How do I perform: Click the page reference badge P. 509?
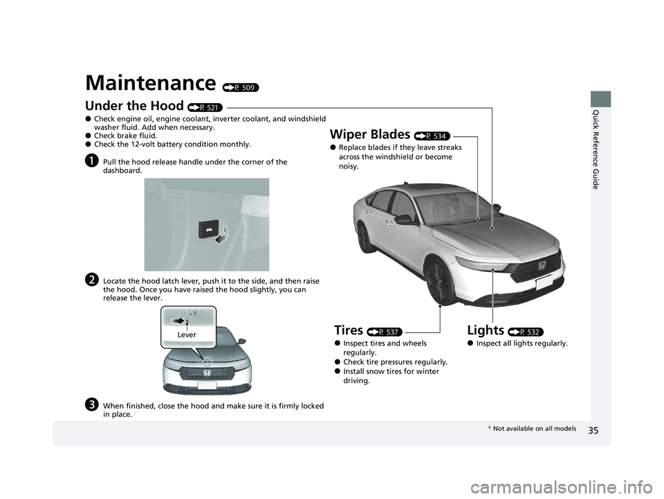click(x=241, y=88)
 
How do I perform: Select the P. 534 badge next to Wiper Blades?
click(x=432, y=136)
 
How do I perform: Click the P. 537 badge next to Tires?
click(x=385, y=332)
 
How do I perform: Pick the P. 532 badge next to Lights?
click(x=526, y=332)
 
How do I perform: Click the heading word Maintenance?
click(x=151, y=82)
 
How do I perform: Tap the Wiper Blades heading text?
click(x=369, y=134)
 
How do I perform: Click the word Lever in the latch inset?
click(x=187, y=335)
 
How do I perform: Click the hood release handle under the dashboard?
click(x=208, y=229)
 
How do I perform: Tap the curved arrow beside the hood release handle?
click(x=222, y=235)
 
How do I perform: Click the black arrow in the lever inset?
click(x=178, y=321)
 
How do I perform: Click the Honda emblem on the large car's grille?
click(x=542, y=266)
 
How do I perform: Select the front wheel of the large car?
click(x=441, y=281)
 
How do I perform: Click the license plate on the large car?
click(x=544, y=282)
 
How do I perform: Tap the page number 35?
click(x=593, y=431)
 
